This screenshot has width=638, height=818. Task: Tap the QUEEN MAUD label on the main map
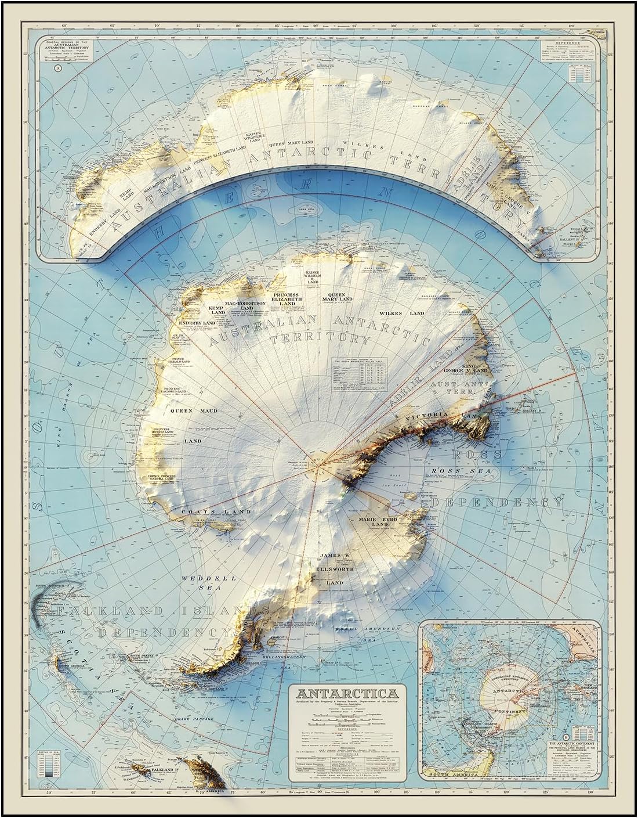185,411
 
